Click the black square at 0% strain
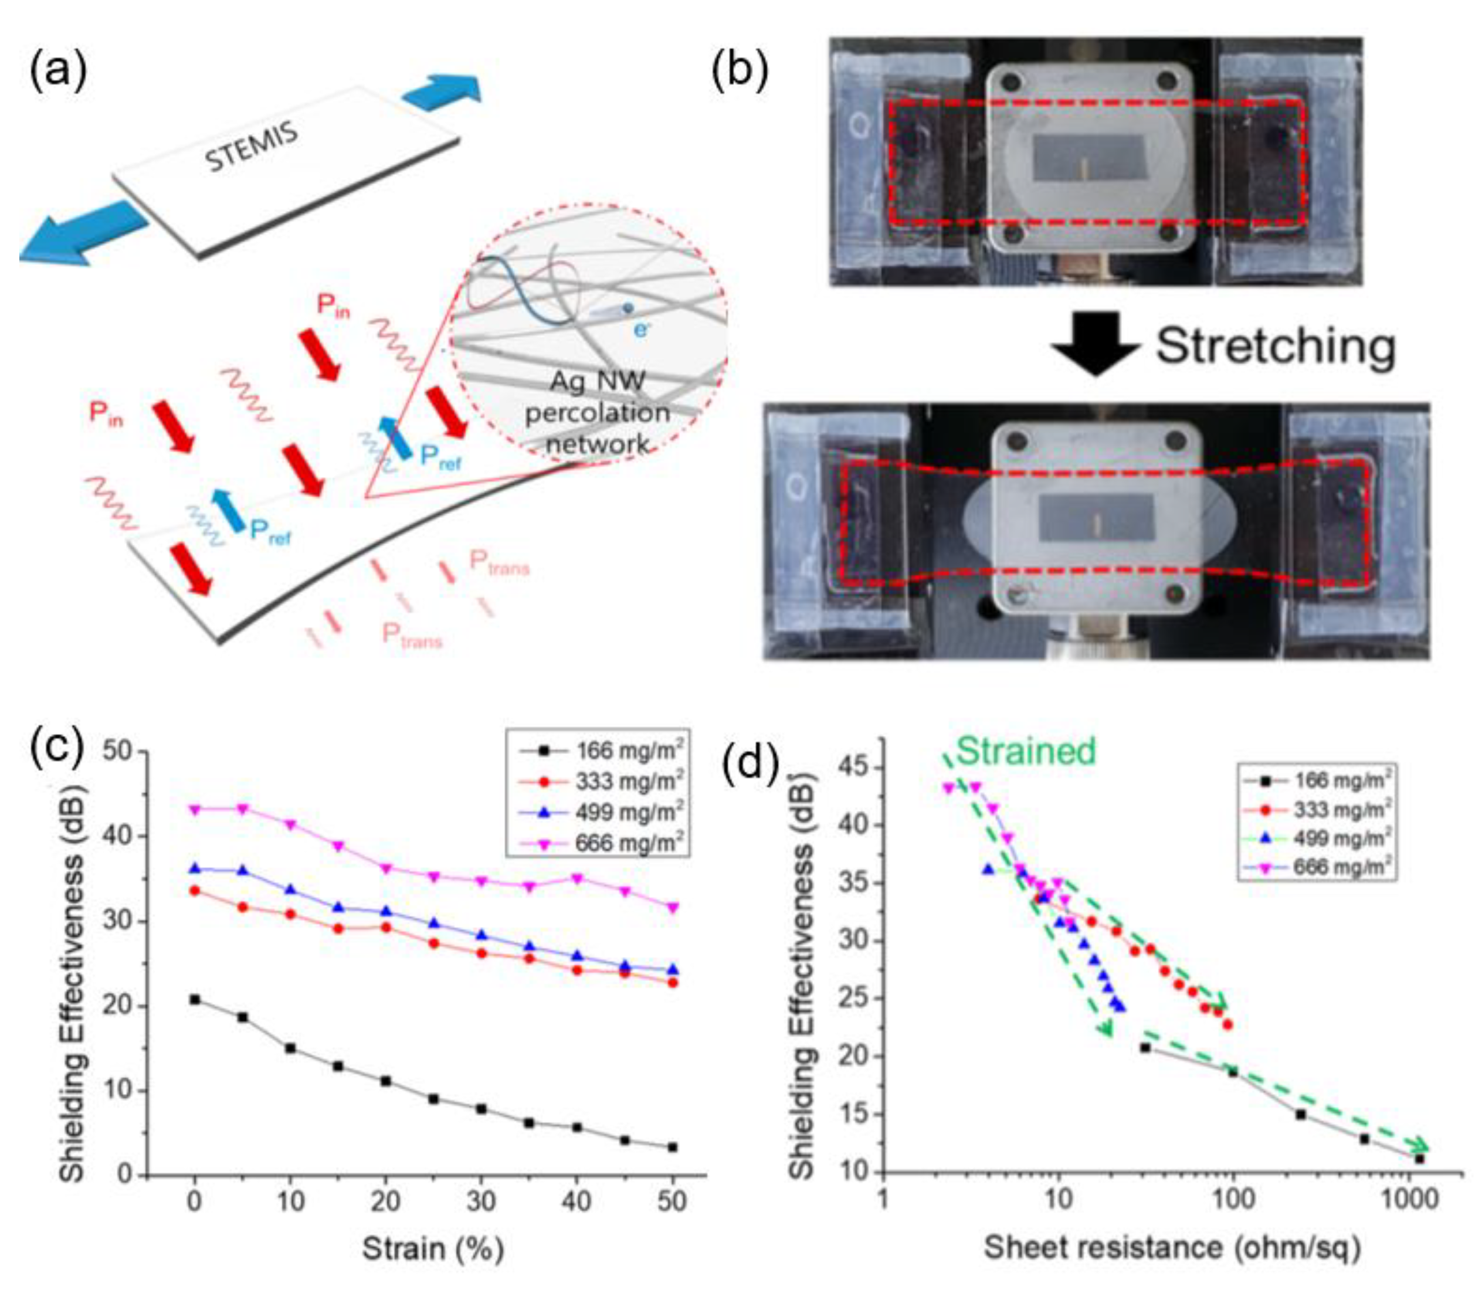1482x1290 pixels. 195,999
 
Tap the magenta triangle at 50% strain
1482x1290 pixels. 673,908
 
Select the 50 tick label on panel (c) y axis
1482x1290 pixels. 118,752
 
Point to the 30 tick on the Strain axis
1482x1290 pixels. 481,1201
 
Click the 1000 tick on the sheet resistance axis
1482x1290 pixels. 1410,1199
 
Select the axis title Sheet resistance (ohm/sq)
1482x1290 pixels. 1172,1247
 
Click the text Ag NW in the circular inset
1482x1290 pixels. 597,380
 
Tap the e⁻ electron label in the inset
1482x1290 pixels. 640,329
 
